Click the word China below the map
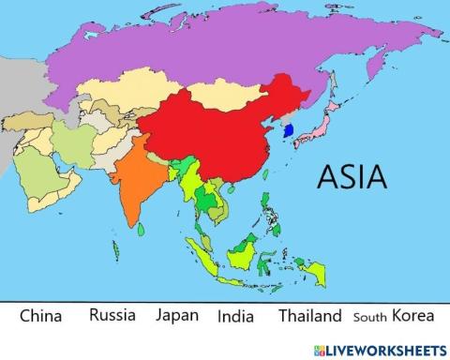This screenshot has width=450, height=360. (x=41, y=316)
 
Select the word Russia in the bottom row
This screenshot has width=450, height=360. (x=112, y=315)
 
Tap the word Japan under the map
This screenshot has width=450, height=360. (x=177, y=315)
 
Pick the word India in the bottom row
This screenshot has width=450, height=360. (x=235, y=316)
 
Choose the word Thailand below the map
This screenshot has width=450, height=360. (x=309, y=316)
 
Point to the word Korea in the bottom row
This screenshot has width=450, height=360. (x=413, y=315)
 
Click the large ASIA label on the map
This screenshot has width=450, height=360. (x=352, y=176)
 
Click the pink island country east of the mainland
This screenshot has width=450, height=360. (x=319, y=127)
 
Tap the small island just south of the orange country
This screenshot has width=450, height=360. (x=140, y=229)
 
